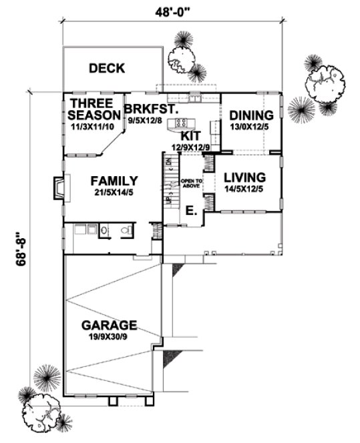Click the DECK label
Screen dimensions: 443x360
click(x=107, y=68)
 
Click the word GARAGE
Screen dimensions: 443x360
click(x=109, y=326)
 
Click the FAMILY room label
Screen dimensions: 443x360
click(x=114, y=181)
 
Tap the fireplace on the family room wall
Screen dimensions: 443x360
click(x=58, y=187)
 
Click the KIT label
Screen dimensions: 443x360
click(x=182, y=135)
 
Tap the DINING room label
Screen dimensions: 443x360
click(x=248, y=115)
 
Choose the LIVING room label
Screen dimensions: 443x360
click(x=244, y=177)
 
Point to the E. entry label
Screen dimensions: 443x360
click(x=190, y=211)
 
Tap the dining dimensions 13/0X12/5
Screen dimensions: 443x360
click(x=248, y=126)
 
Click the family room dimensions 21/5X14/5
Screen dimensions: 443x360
click(x=114, y=193)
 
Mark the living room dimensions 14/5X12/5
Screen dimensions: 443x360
click(x=244, y=189)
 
